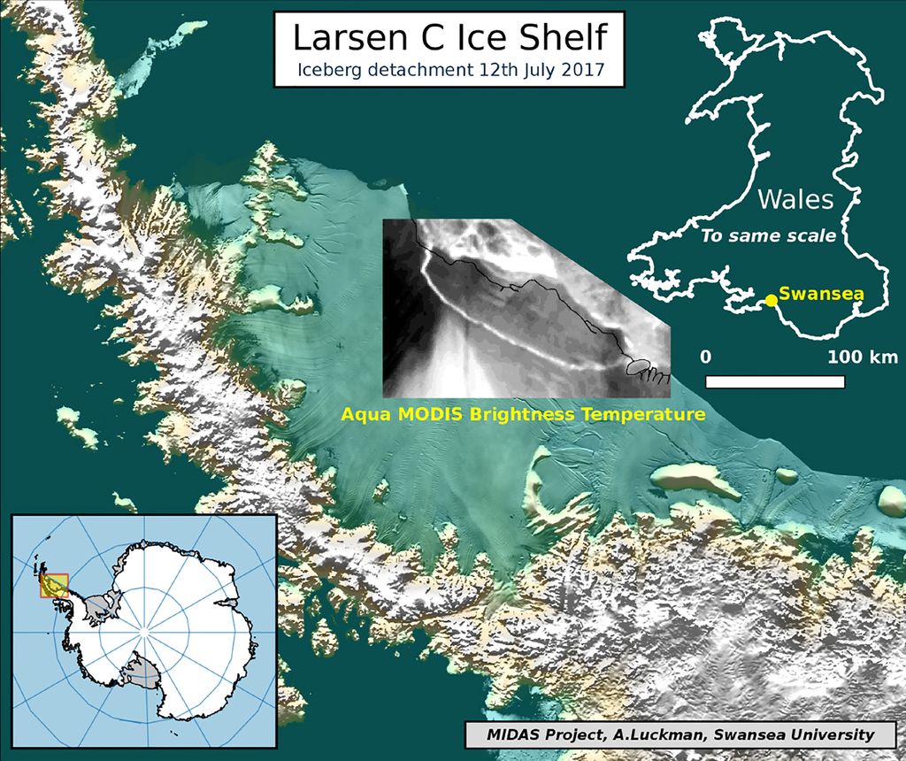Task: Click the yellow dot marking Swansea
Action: coord(772,300)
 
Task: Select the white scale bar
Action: coord(774,382)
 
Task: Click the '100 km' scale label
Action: coord(863,357)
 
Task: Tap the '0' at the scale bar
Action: coord(706,357)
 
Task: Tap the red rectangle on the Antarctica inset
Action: coord(54,586)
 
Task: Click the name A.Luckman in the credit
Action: coord(660,734)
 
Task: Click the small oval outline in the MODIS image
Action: coord(639,365)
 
